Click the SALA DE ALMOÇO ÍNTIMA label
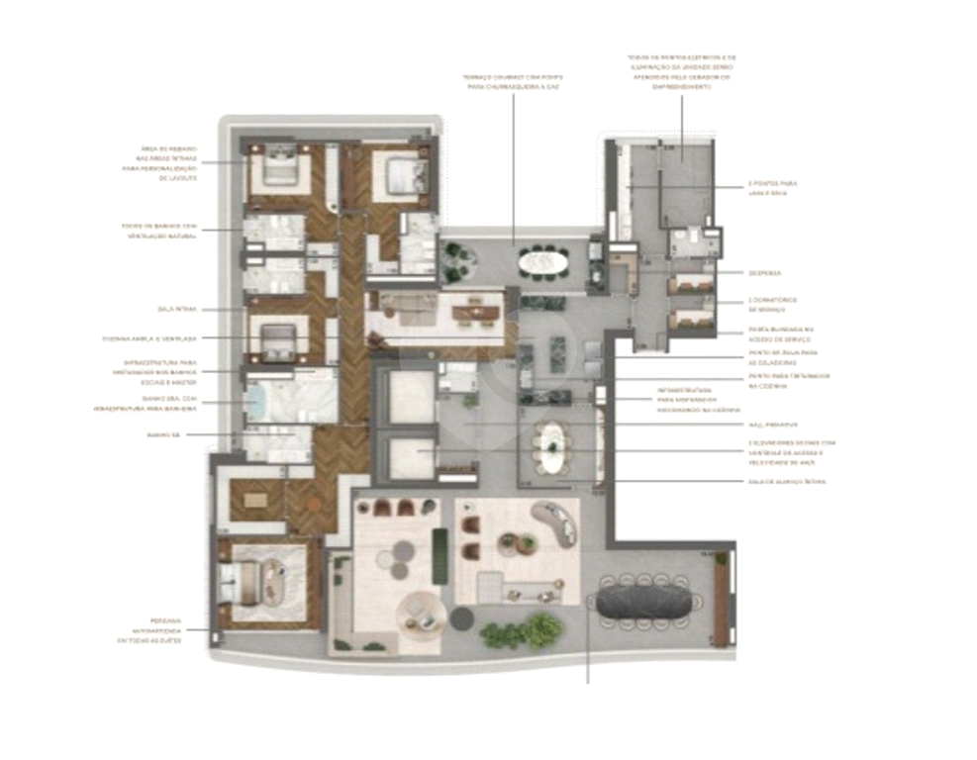click(x=787, y=481)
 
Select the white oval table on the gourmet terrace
click(x=542, y=262)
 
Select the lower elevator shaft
click(x=406, y=455)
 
